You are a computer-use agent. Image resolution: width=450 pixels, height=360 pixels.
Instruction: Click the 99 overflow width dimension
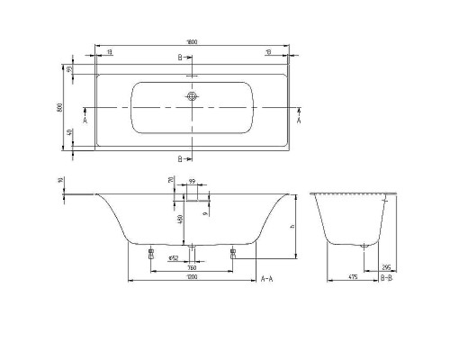pos(193,183)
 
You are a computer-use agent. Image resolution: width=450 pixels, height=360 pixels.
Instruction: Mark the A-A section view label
pos(268,281)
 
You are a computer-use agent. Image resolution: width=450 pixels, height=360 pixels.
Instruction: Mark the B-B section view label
pos(385,281)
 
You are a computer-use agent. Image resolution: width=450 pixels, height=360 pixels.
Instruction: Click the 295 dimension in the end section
pos(384,267)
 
